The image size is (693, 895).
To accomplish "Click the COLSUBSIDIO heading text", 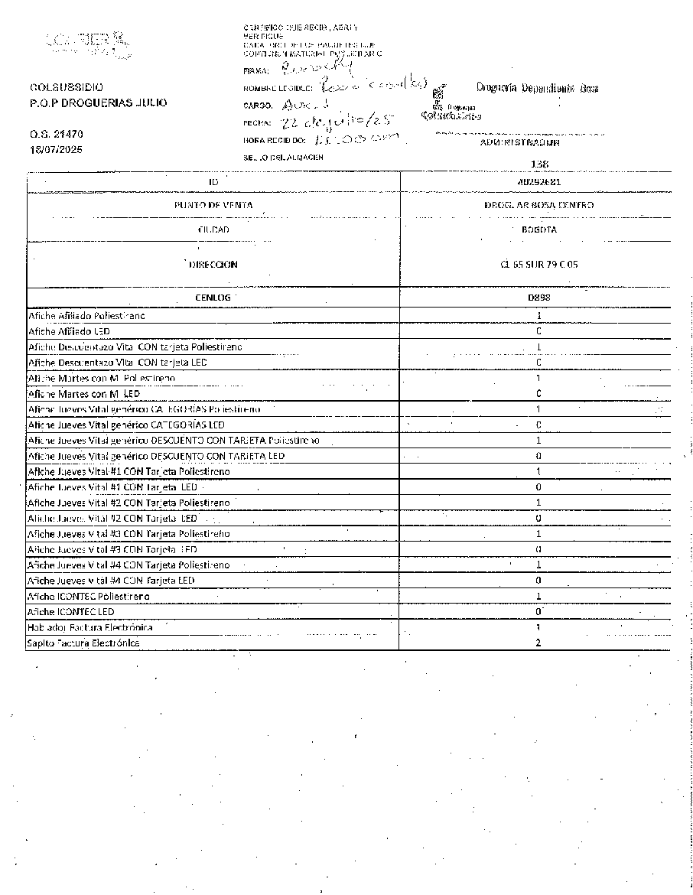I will (67, 87).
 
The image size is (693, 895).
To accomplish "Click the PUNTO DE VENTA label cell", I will (213, 205).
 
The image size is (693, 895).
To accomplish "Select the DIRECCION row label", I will (213, 265).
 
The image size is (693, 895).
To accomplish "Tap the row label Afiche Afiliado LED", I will (70, 331).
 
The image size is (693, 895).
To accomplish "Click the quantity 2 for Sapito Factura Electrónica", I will (538, 643).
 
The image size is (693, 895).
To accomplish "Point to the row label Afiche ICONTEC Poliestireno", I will (89, 596).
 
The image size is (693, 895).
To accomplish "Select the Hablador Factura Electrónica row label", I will (90, 627).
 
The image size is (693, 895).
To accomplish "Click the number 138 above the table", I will (539, 164).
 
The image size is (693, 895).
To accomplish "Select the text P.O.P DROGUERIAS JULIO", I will (98, 103).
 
